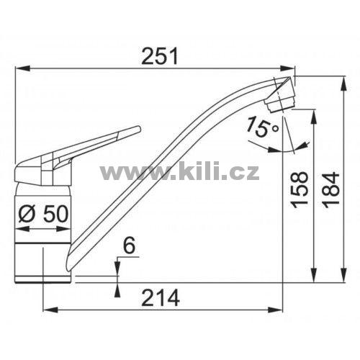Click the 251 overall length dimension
160,56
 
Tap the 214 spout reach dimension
161,297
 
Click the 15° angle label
262,127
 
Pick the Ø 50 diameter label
43,215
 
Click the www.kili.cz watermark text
179,171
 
